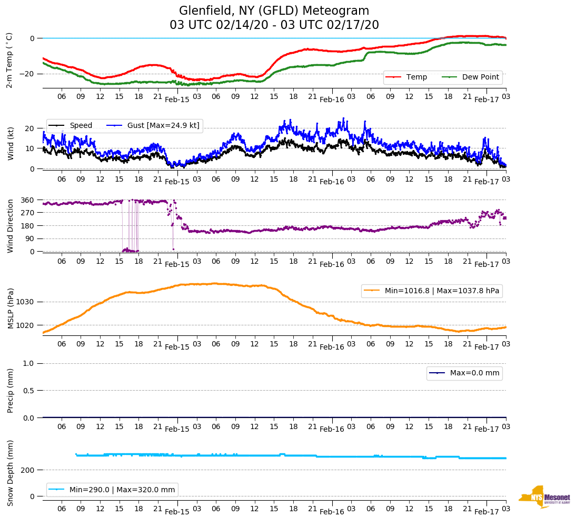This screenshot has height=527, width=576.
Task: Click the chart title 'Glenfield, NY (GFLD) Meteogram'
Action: [274, 11]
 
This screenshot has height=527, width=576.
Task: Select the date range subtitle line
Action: [274, 25]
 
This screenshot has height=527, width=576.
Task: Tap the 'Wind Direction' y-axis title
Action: [9, 226]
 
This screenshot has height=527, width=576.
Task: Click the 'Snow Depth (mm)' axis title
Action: [9, 473]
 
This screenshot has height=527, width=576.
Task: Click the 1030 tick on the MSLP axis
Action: [26, 302]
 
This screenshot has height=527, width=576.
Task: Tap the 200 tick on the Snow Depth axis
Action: [28, 470]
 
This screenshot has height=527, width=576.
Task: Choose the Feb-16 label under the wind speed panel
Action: [332, 182]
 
